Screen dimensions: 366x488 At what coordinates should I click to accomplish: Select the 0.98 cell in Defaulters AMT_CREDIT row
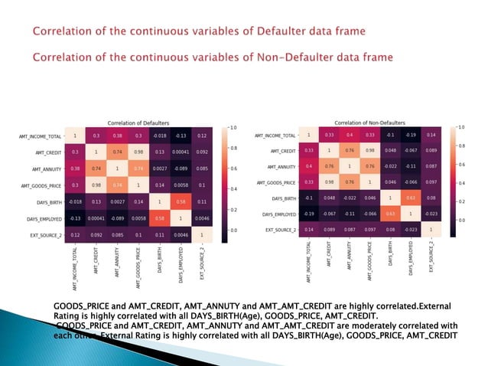[x=138, y=152]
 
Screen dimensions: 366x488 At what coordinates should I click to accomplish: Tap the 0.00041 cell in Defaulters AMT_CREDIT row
[x=181, y=152]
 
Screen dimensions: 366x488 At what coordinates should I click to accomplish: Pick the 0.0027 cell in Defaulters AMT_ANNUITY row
[x=160, y=169]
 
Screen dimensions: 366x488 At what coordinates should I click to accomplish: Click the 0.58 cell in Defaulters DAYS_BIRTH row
[x=181, y=202]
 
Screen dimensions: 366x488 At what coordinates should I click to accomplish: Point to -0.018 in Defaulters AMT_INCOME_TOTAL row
[x=160, y=136]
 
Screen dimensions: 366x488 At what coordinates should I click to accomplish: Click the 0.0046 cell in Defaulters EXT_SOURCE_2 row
[x=181, y=235]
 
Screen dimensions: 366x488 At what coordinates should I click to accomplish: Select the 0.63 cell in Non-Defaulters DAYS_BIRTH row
[x=412, y=198]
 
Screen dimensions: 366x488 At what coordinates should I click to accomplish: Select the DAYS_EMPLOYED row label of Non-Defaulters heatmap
[x=275, y=214]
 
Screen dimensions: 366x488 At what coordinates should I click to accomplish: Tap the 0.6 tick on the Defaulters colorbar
[x=234, y=168]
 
